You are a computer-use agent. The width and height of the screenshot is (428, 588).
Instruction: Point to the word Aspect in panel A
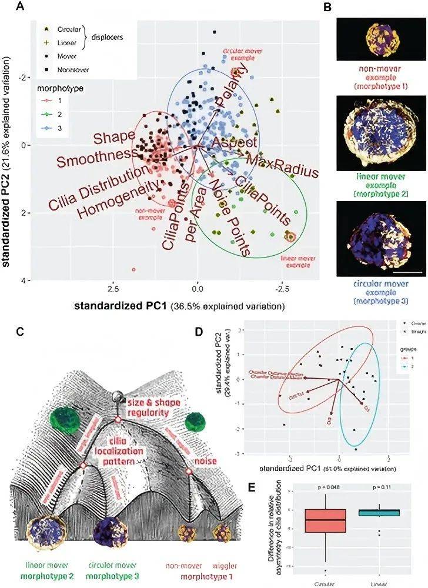pos(234,143)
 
